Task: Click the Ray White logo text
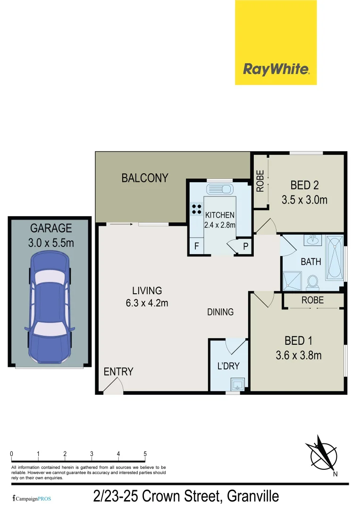click(276, 69)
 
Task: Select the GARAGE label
click(51, 229)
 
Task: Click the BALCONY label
click(145, 178)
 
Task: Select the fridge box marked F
click(196, 246)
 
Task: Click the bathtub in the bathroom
click(335, 259)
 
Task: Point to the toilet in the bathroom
click(311, 282)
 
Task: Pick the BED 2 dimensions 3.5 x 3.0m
click(304, 200)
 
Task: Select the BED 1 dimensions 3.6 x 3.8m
click(299, 355)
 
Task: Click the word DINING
click(220, 312)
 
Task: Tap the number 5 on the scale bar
click(145, 454)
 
